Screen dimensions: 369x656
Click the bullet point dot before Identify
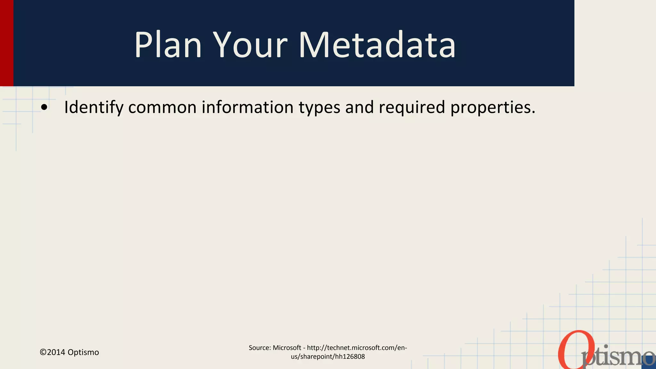pyautogui.click(x=44, y=108)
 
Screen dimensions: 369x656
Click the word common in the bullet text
pyautogui.click(x=162, y=107)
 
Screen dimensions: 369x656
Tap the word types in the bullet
pyautogui.click(x=319, y=108)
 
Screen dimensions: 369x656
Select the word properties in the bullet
pyautogui.click(x=492, y=108)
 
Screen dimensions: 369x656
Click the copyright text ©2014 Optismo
pyautogui.click(x=69, y=352)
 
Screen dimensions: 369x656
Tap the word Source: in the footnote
pyautogui.click(x=260, y=348)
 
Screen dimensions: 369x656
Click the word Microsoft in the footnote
pyautogui.click(x=287, y=348)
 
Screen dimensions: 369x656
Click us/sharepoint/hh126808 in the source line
pyautogui.click(x=328, y=357)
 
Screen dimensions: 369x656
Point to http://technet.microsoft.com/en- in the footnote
pyautogui.click(x=357, y=348)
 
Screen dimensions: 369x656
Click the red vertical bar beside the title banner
pyautogui.click(x=6, y=43)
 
